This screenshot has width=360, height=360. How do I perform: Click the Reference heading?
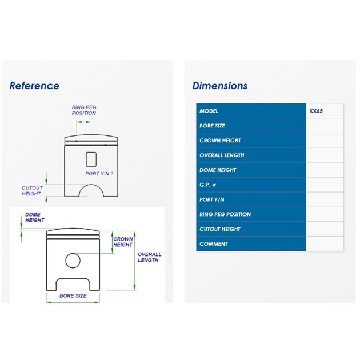(x=34, y=86)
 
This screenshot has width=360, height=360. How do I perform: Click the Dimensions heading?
(x=220, y=86)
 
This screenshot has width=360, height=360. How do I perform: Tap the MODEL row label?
(x=209, y=111)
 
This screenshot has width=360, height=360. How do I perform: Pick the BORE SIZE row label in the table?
(x=212, y=126)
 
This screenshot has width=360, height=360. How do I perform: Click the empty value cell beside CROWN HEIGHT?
(x=325, y=141)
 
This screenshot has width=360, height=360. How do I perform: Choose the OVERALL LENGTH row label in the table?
(x=222, y=155)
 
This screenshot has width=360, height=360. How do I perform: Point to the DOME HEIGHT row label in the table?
(x=218, y=170)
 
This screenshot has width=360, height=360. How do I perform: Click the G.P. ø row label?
(x=207, y=185)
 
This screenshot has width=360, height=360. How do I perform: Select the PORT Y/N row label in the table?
(x=211, y=199)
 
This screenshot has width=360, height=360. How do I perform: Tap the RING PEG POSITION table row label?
(x=225, y=214)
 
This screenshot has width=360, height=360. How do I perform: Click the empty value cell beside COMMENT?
(x=325, y=243)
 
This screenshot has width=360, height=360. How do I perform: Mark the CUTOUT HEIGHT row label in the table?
(x=220, y=229)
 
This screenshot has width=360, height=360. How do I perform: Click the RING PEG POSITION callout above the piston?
(x=84, y=110)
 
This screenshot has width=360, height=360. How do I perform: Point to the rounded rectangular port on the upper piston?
(x=91, y=159)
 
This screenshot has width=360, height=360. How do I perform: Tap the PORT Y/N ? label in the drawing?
(x=99, y=174)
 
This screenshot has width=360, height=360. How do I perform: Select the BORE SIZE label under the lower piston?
(x=73, y=296)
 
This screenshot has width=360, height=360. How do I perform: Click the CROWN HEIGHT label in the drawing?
(x=123, y=242)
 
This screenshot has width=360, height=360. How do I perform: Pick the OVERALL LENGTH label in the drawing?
(x=149, y=257)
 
